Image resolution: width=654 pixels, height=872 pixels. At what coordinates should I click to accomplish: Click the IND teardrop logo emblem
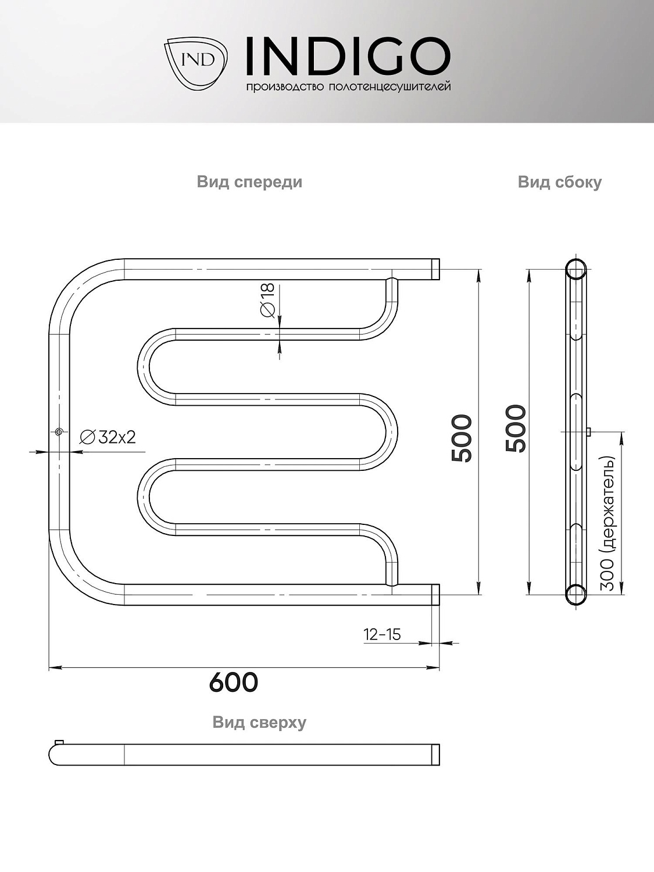coord(196,62)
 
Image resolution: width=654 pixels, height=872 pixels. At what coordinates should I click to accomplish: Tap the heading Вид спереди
coord(249,183)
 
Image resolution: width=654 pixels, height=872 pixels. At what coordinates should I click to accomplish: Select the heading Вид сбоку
coord(559,183)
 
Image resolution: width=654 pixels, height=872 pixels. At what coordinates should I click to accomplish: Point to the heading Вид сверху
coord(259,722)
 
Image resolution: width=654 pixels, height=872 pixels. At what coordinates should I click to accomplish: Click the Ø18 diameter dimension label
coord(268,301)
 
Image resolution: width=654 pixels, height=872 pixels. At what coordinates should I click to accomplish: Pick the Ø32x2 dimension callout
coord(108,437)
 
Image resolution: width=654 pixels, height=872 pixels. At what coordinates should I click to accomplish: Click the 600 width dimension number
coord(234,682)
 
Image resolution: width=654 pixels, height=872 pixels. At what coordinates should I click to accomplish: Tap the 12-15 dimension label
coord(382,634)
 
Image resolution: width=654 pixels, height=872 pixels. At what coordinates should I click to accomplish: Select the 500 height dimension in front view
coord(462,438)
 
